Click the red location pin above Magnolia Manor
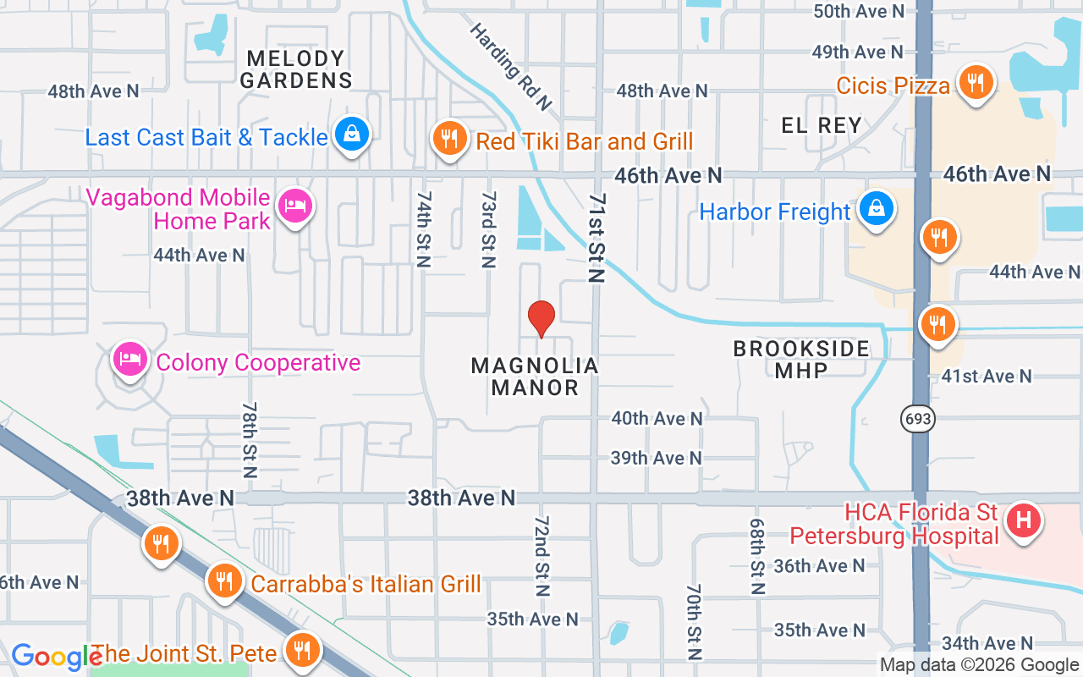[541, 318]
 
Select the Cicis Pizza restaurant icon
[976, 83]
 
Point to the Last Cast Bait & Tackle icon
[351, 135]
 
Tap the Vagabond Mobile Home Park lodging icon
[295, 206]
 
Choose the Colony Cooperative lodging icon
[129, 360]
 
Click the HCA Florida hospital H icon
[1024, 520]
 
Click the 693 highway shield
[917, 418]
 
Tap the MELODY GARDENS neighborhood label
[296, 69]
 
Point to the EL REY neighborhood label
[821, 126]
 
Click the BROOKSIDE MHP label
[801, 360]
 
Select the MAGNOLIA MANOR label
[535, 377]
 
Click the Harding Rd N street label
[510, 66]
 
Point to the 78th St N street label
[250, 438]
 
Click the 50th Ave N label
[859, 11]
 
